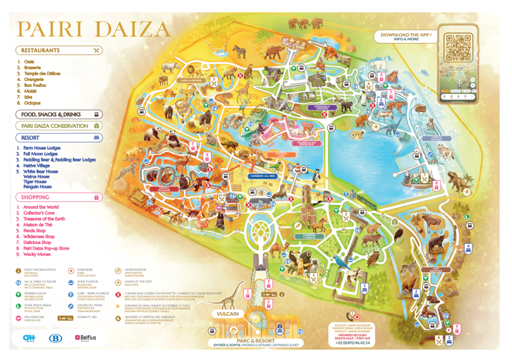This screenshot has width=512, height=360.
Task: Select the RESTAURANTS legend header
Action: point(40,50)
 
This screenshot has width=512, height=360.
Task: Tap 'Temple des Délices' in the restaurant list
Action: point(42,73)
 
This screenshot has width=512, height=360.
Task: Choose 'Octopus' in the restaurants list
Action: point(32,103)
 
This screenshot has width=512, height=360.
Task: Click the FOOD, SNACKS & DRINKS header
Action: point(51,114)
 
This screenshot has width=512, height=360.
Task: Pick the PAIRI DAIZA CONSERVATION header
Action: point(55,126)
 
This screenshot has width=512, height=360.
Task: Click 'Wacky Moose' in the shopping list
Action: point(37,254)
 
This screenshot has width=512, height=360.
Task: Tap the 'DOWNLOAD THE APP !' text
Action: point(406,34)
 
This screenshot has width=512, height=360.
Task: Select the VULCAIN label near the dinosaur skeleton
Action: point(228,314)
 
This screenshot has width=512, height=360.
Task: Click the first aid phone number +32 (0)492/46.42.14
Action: point(352,342)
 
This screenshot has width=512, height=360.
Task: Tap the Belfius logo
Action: point(86,338)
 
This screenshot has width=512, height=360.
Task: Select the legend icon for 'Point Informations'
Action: point(19,271)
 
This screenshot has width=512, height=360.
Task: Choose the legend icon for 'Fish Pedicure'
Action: point(19,318)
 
